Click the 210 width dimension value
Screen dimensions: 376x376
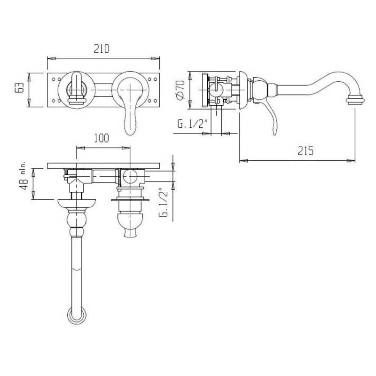point(102,48)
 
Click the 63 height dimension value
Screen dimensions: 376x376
point(19,87)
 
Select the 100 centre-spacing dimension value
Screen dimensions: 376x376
point(101,138)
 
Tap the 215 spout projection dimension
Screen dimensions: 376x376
point(305,151)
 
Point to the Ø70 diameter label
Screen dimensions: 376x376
point(180,90)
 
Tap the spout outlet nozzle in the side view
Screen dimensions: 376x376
point(355,100)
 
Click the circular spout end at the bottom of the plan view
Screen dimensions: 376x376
point(77,315)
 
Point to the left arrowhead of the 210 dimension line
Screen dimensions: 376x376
point(51,58)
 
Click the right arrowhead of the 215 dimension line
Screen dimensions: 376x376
point(351,160)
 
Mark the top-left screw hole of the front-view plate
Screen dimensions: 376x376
point(53,79)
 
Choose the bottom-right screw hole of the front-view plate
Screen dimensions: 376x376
point(155,101)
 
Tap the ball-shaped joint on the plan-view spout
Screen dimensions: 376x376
point(77,220)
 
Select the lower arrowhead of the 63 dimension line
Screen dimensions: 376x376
point(29,103)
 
